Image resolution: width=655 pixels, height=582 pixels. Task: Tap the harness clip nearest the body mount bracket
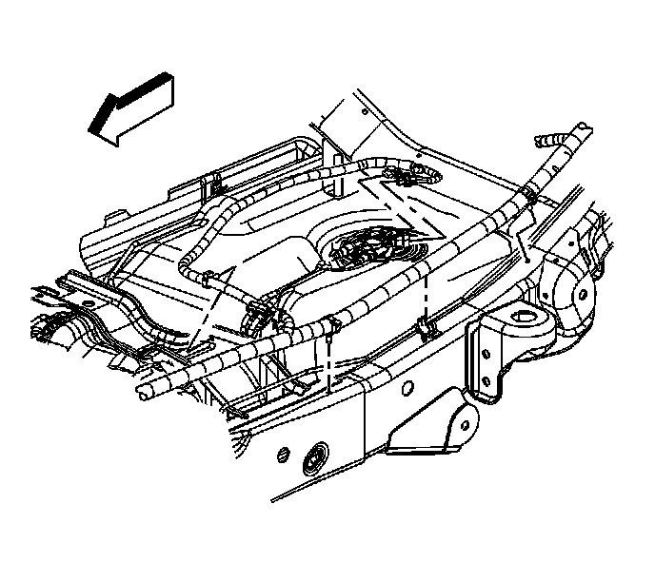pos(425,329)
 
